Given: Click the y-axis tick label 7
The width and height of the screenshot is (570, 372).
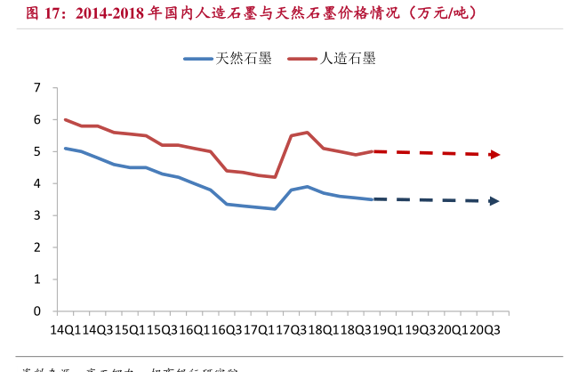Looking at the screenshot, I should coord(37,87).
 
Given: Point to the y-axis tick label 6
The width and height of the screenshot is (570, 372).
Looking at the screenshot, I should coord(37,119).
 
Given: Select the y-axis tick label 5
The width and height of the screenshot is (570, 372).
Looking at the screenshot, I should coord(37,151).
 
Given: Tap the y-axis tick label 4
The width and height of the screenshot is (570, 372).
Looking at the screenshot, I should coord(37,183).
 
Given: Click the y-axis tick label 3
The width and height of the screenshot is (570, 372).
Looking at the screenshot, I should coord(37,215).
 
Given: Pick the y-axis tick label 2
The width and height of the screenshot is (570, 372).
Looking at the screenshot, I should coord(37,247).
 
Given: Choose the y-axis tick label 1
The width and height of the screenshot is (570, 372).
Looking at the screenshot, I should coord(37,279).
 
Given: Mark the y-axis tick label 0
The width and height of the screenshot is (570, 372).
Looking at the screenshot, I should coord(37,311).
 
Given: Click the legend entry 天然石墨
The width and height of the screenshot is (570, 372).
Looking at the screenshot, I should coord(243,59).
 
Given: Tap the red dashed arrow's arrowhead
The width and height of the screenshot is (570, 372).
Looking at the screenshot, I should coord(494,155).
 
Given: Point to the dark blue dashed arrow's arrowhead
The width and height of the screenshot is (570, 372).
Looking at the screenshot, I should coord(494,201).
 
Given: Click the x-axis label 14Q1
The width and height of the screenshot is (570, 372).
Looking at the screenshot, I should coord(64,328).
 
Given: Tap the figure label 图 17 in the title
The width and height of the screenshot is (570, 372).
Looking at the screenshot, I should coord(42,12).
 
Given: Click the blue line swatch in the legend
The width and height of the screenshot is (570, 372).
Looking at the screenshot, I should coord(197,60).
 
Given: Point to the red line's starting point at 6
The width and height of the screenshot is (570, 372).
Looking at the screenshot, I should coord(65,119).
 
